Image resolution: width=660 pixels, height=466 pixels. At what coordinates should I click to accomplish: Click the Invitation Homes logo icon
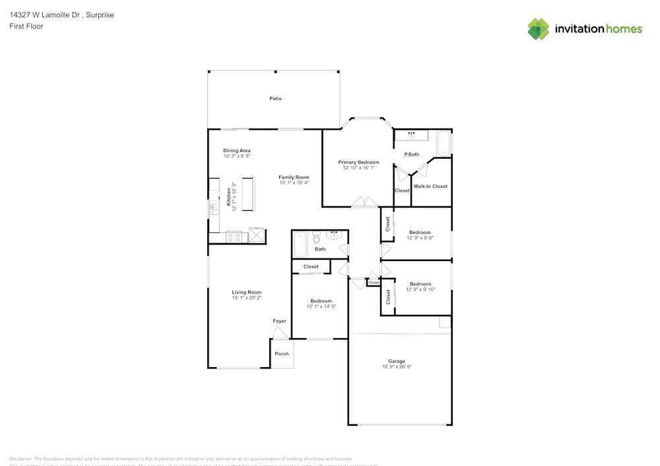538,29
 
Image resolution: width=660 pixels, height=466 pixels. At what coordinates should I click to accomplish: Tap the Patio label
275,99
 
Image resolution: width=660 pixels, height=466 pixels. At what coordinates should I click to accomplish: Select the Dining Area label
236,151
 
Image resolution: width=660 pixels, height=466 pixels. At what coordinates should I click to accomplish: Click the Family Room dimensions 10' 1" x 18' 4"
294,183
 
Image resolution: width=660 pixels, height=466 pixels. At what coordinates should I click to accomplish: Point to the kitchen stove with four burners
234,237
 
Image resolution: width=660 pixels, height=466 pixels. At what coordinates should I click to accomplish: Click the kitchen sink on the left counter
214,210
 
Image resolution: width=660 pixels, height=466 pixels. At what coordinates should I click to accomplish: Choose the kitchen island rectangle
247,194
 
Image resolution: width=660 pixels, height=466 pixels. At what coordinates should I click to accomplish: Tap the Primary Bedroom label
358,162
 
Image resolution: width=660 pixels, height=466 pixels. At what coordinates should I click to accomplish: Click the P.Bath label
411,154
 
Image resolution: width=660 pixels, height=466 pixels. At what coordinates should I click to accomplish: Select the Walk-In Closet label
430,187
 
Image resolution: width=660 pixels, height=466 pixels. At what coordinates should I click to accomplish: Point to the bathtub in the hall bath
300,244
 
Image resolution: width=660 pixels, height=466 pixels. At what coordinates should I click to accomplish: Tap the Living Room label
246,292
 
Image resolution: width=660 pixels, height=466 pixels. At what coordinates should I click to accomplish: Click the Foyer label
280,321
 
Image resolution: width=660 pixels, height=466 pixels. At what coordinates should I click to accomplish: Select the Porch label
282,354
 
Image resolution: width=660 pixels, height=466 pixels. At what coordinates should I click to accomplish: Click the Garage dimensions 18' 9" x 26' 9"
396,366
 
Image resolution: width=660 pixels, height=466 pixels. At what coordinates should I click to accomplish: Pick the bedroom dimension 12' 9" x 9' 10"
420,289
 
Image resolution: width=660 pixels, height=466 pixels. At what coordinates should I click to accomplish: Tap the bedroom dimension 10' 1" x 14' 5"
321,306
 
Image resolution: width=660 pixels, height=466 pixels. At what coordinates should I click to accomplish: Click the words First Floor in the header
26,26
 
